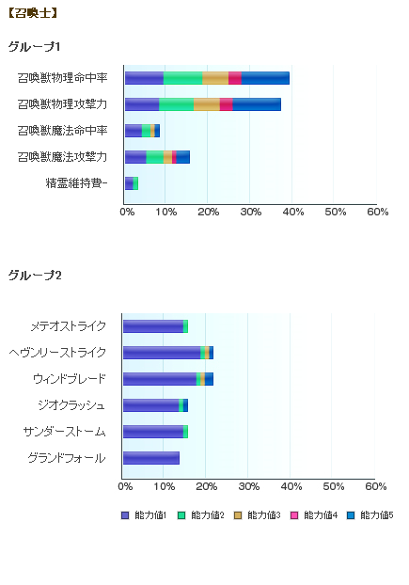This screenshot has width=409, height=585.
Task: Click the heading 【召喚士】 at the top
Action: (x=32, y=13)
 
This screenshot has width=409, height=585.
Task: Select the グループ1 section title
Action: (x=34, y=47)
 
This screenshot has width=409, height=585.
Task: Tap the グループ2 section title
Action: (x=35, y=276)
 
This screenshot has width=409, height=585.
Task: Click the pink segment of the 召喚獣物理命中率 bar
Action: (x=235, y=78)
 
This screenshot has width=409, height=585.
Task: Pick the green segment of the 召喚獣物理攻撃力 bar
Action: (x=177, y=104)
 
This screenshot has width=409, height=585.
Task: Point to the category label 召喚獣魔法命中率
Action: (x=63, y=131)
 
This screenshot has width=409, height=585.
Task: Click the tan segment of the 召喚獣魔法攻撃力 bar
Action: (x=167, y=157)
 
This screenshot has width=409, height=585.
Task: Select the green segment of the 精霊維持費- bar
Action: (x=135, y=183)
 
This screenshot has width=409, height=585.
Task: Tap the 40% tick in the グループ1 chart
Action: (x=293, y=212)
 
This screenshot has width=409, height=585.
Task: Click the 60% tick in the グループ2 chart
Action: (x=376, y=486)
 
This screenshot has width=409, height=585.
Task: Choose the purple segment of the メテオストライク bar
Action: (x=153, y=326)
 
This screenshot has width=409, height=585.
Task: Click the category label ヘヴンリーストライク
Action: (x=57, y=353)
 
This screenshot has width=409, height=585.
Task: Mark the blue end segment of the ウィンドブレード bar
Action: (x=209, y=379)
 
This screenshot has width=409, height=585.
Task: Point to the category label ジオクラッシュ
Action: (x=71, y=405)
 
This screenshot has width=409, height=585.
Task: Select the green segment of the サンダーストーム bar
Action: (x=185, y=432)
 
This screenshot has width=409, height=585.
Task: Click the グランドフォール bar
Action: (x=151, y=458)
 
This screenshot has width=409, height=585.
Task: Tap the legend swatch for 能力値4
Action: (x=294, y=515)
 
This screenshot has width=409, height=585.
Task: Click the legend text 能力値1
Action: (x=150, y=515)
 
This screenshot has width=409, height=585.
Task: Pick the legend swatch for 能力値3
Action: (x=238, y=515)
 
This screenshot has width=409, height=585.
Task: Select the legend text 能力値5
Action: (x=377, y=515)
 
